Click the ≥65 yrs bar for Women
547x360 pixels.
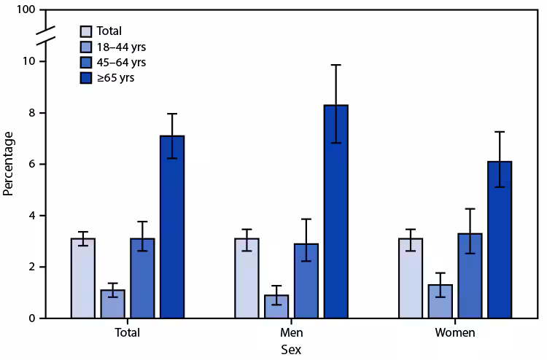tap(500, 240)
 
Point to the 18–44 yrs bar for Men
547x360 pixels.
tap(276, 307)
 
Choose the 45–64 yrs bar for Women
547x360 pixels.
tap(470, 276)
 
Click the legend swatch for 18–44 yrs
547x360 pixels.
tap(86, 47)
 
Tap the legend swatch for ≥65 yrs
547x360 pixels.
tap(86, 77)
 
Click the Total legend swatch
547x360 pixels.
tap(86, 31)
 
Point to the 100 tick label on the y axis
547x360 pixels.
tap(26, 10)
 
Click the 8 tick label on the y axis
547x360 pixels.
tap(31, 113)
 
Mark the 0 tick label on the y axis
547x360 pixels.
tap(31, 318)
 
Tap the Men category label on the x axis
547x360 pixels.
tap(290, 333)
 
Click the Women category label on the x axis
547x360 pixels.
tap(455, 333)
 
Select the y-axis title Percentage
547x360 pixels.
tap(9, 164)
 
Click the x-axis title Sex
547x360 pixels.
tap(290, 350)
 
